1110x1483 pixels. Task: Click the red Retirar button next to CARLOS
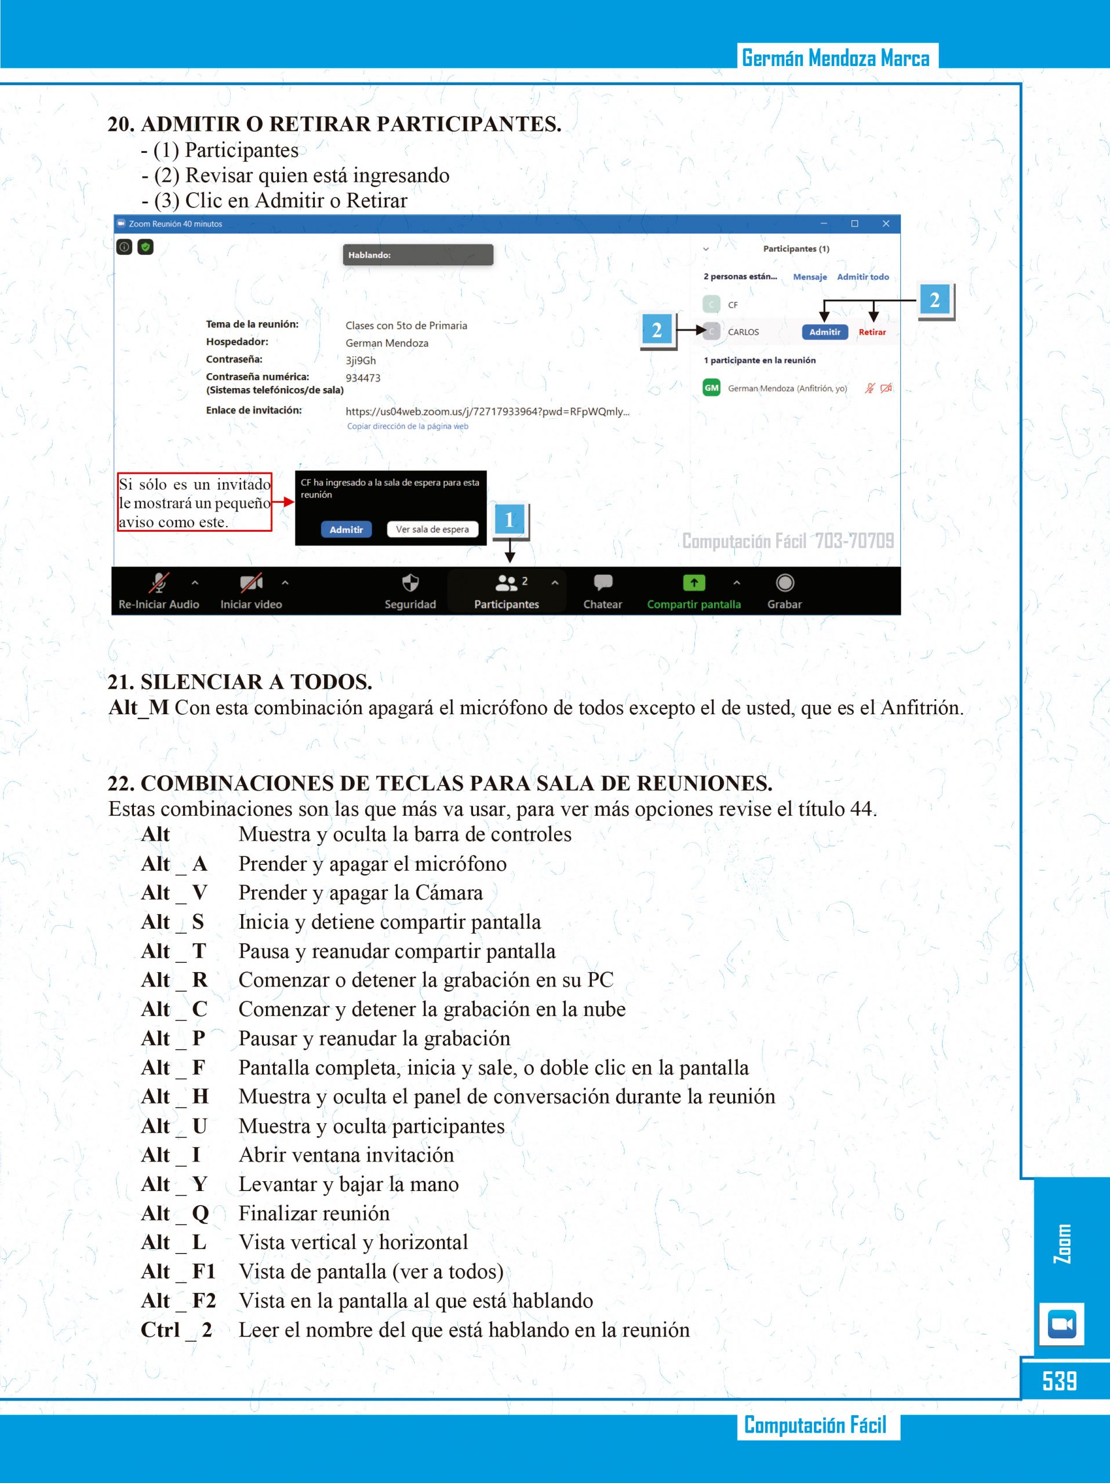click(x=872, y=332)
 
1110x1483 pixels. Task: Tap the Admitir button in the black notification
click(x=346, y=529)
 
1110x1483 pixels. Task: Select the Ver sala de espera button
click(x=432, y=529)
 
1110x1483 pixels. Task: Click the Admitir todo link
click(x=862, y=277)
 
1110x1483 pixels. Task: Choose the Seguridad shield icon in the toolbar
click(x=410, y=583)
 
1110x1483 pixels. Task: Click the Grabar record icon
click(x=785, y=583)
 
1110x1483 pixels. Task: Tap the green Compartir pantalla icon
click(x=693, y=583)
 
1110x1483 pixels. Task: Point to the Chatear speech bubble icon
click(x=603, y=583)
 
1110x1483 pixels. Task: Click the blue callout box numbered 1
click(x=509, y=520)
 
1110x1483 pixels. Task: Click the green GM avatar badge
click(x=711, y=388)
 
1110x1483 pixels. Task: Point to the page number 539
click(x=1060, y=1381)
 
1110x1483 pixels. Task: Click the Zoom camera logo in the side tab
click(x=1061, y=1324)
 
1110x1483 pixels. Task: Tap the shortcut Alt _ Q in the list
click(x=175, y=1214)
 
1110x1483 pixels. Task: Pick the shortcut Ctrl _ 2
click(x=176, y=1330)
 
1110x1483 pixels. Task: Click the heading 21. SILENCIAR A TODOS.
click(x=240, y=682)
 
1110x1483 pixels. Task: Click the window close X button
click(x=885, y=224)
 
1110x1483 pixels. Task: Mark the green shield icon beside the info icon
click(x=145, y=247)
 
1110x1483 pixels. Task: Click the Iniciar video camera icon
click(x=251, y=583)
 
